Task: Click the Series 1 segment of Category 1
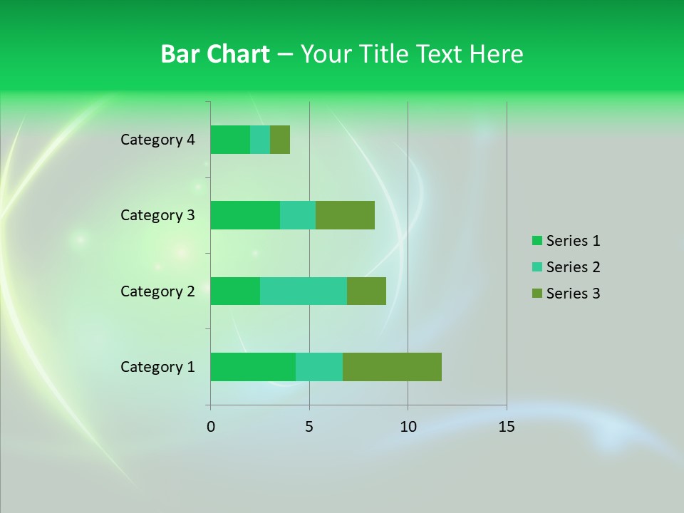pos(253,367)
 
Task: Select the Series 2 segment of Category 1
pos(319,367)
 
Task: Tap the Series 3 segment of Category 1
pos(392,367)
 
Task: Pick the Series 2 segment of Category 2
pos(304,291)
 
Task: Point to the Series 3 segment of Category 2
pos(366,291)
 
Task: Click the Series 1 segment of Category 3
pos(245,215)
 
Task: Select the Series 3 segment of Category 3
pos(345,215)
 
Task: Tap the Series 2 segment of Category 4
pos(260,140)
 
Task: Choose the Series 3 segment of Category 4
pos(280,140)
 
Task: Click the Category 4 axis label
pos(157,140)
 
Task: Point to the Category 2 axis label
pos(157,291)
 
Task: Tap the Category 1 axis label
pos(157,367)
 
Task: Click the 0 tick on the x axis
pos(211,427)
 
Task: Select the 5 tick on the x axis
pos(309,427)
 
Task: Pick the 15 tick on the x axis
pos(506,427)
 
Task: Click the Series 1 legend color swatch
pos(537,241)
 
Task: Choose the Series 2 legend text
pos(573,267)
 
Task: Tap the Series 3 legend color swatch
pos(537,294)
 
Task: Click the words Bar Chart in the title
pos(215,54)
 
